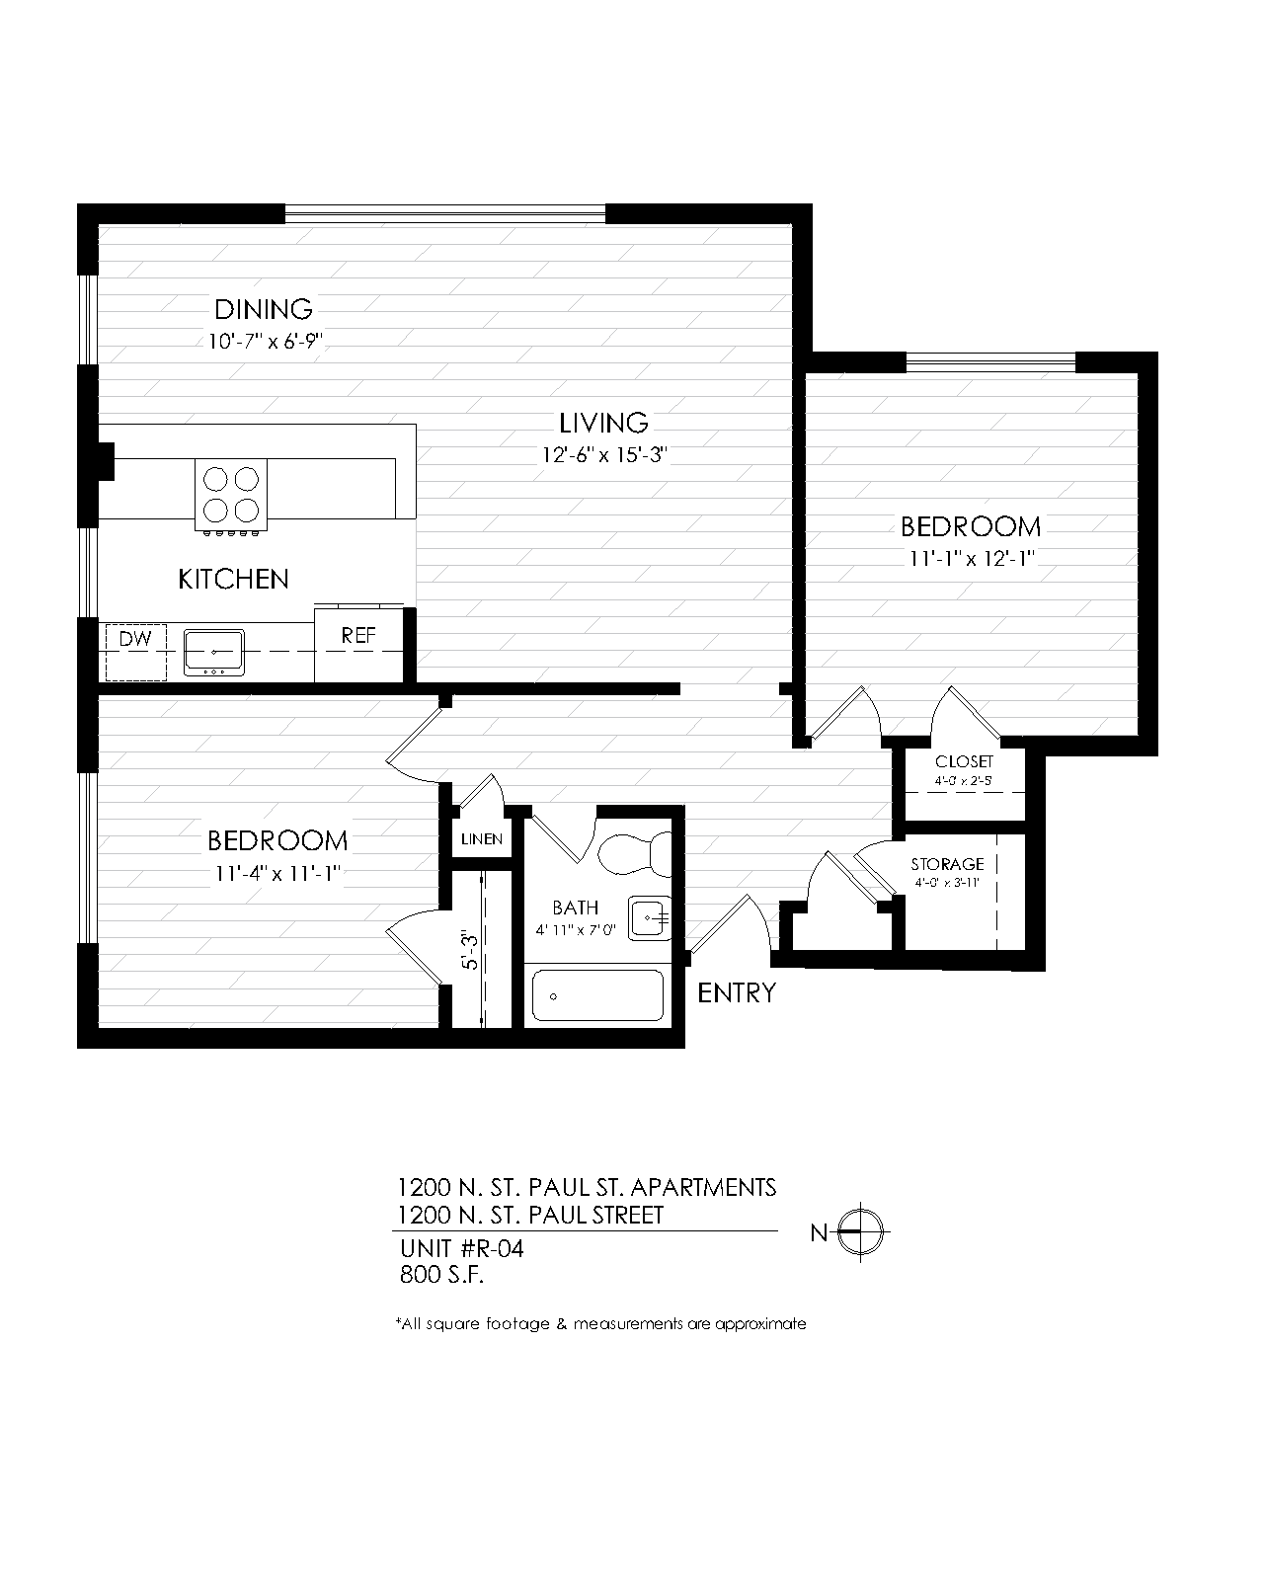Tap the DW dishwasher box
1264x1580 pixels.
136,651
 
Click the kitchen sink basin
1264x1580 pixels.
213,652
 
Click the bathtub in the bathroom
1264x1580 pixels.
596,995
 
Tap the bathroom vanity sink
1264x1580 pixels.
649,919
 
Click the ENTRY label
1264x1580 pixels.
737,992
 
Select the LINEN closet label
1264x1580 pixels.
482,839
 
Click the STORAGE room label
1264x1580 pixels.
947,864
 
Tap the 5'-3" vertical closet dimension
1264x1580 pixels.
470,948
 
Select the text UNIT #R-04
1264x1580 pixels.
461,1249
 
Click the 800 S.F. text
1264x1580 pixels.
441,1275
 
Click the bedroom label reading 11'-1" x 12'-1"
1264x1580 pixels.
971,559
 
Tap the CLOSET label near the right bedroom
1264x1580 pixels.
964,762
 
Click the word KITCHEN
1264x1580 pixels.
233,579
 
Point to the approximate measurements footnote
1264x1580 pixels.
600,1323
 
